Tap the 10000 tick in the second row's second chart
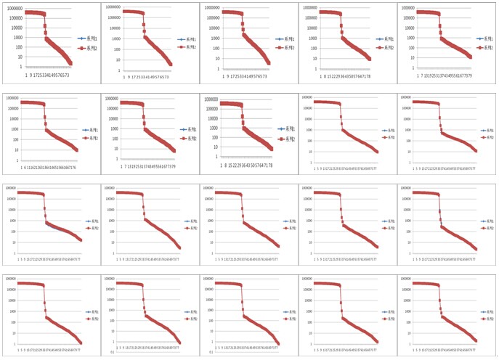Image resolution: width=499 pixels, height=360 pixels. [x=110, y=121]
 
